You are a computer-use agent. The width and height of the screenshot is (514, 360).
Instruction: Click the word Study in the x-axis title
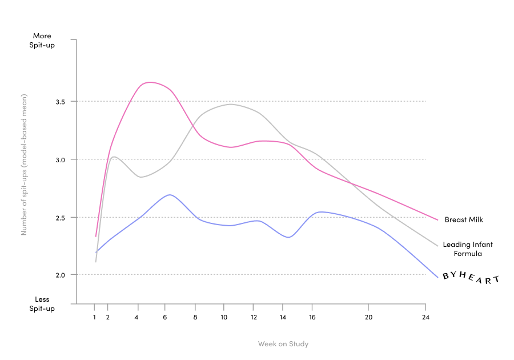click(298, 344)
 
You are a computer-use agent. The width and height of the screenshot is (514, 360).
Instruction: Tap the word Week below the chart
click(266, 344)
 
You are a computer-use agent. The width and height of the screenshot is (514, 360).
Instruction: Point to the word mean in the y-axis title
click(24, 109)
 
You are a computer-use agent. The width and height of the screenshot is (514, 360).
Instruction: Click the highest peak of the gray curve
click(230, 104)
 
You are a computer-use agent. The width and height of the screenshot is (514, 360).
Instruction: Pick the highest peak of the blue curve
click(170, 195)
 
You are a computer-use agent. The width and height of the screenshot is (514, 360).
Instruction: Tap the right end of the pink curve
click(438, 220)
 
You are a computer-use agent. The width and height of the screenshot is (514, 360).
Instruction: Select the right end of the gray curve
click(438, 246)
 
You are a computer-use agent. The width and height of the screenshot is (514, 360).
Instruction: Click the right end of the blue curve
click(438, 278)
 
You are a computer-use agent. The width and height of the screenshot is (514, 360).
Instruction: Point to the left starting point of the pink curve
click(95, 237)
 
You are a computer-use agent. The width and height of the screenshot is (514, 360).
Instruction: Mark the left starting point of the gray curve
click(95, 262)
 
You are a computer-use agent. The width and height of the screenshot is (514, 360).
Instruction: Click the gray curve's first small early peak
click(114, 156)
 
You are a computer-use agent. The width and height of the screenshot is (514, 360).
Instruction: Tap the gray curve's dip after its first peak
click(141, 177)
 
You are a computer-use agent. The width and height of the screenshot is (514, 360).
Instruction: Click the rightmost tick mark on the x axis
click(425, 307)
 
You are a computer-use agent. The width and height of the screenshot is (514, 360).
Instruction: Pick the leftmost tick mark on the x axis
click(94, 307)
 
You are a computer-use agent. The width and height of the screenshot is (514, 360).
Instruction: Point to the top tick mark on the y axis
click(73, 40)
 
